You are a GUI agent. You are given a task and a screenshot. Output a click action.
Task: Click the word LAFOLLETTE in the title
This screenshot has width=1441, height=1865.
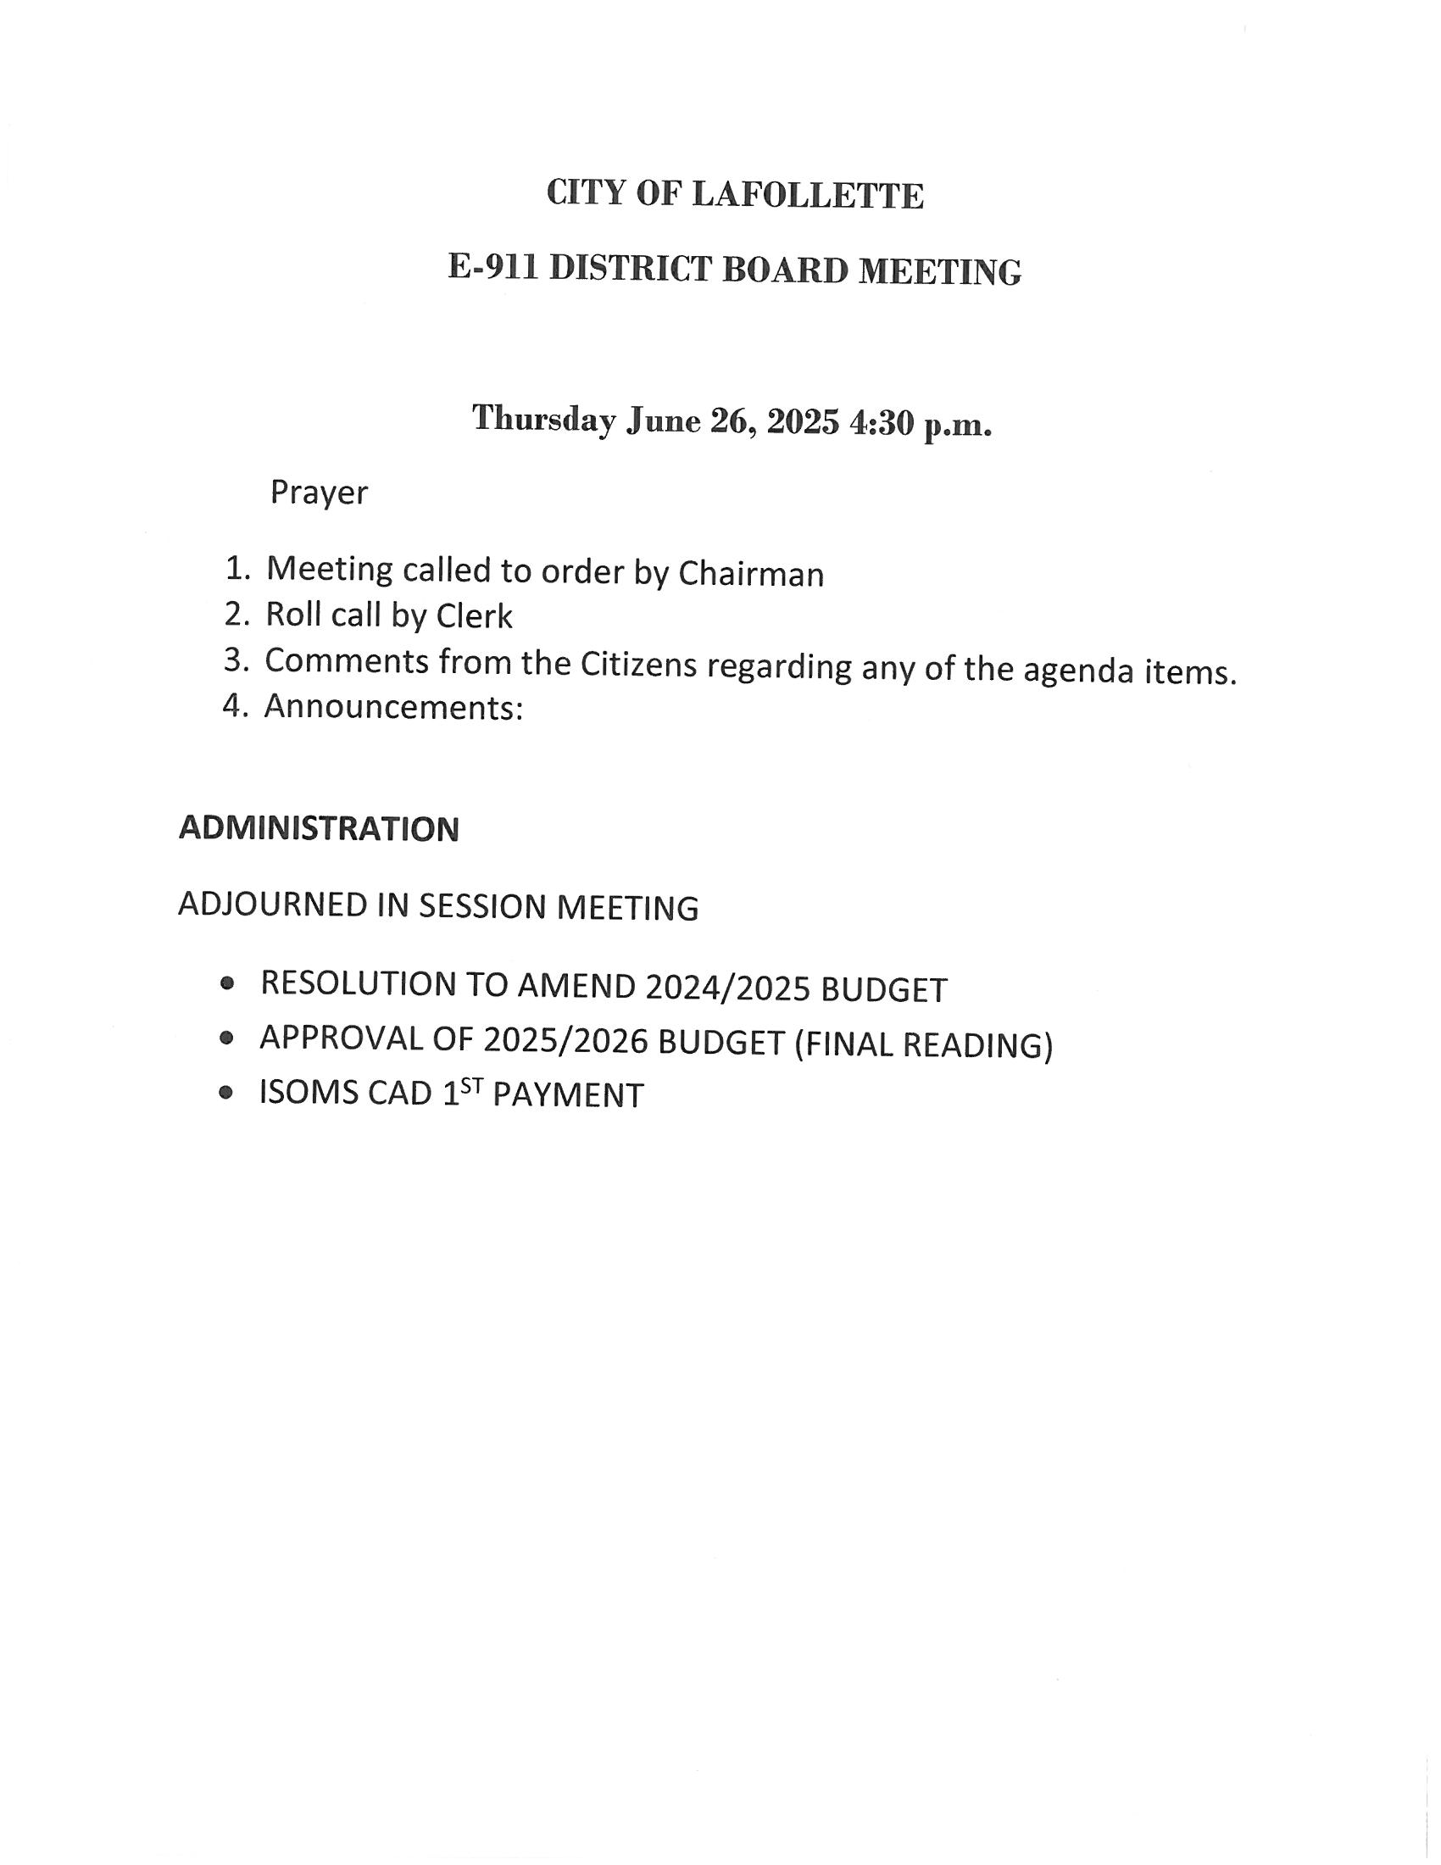click(x=807, y=196)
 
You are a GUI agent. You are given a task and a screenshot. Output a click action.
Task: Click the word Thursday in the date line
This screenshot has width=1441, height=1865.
click(x=544, y=420)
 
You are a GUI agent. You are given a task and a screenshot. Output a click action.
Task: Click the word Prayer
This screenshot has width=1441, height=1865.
click(x=319, y=493)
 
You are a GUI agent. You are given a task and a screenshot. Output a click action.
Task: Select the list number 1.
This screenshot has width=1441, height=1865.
click(x=236, y=569)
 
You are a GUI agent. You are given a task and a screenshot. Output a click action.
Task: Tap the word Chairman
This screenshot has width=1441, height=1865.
click(x=750, y=575)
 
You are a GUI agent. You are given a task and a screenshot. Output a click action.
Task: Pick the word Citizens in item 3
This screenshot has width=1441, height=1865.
click(x=638, y=665)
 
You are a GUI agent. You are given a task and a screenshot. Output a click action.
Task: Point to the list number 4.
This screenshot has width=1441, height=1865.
click(x=233, y=705)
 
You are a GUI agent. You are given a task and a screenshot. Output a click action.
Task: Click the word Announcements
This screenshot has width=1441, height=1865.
click(x=392, y=707)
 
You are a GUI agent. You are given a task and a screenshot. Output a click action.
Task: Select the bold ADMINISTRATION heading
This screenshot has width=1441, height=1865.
click(x=319, y=828)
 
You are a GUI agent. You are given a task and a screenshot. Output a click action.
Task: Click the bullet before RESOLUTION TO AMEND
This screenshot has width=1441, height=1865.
click(x=226, y=983)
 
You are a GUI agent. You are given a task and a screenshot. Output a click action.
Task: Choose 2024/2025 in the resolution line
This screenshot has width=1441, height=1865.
click(x=727, y=988)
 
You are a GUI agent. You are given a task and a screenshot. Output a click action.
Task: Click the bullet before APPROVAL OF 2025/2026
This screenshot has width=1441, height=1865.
click(x=226, y=1038)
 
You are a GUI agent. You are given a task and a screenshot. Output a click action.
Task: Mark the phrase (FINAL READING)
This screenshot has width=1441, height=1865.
click(x=924, y=1044)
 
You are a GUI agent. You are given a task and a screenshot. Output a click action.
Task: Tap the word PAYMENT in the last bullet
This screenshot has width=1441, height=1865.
click(x=568, y=1095)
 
